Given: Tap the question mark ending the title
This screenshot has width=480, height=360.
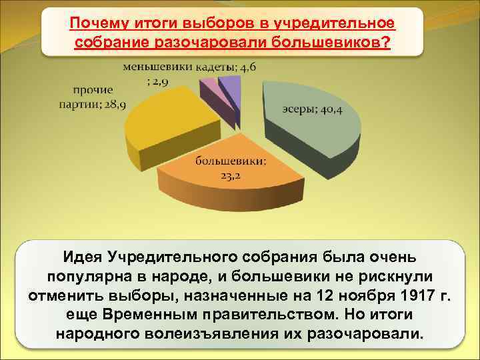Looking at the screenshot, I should [387, 42].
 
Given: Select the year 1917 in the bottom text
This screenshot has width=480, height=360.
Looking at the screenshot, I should [403, 295].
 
